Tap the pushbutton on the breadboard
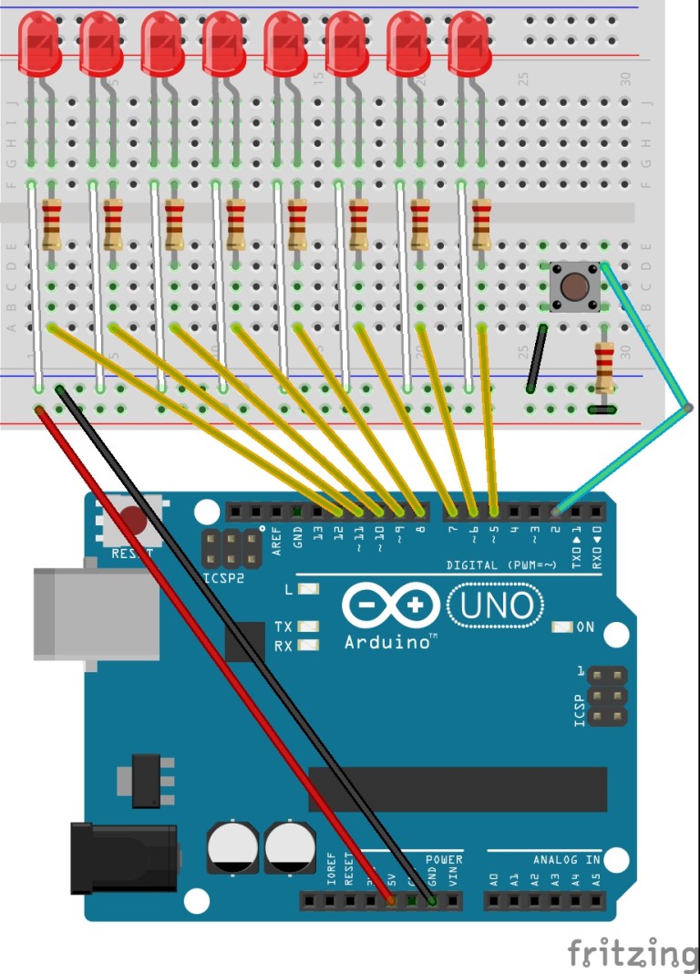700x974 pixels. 574,285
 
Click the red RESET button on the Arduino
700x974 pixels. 134,522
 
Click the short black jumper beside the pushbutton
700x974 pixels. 537,357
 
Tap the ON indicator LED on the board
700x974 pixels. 562,627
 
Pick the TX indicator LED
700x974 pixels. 308,627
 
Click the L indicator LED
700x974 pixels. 308,589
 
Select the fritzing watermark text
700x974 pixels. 633,953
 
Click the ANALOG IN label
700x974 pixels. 566,860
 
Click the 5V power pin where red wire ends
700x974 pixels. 392,901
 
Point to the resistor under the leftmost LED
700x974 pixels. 52,225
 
